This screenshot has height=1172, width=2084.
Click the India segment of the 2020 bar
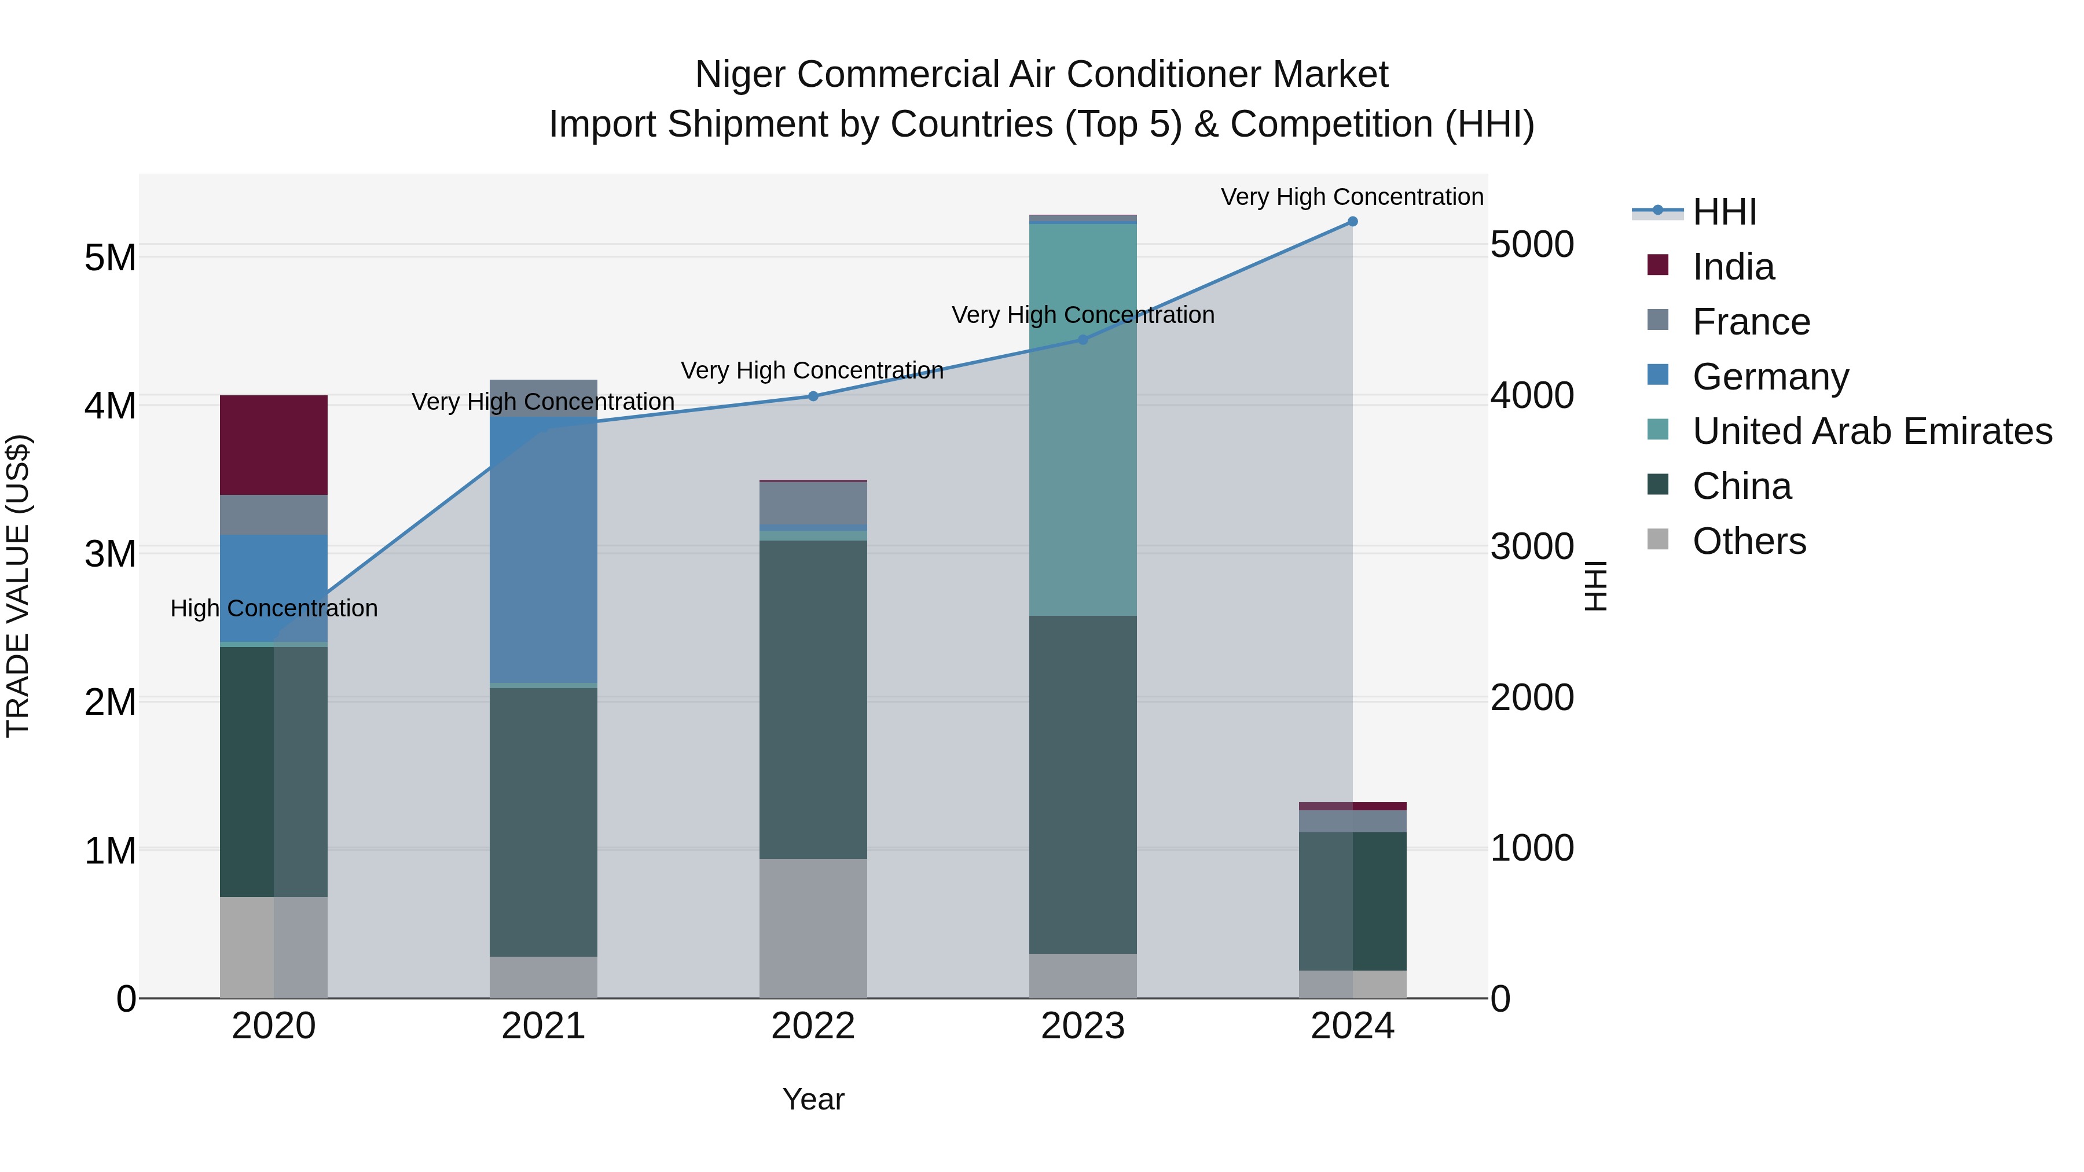(x=273, y=445)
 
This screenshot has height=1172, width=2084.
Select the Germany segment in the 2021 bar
(x=543, y=550)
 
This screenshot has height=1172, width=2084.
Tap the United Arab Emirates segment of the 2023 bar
(x=1083, y=421)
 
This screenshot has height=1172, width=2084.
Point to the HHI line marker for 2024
(x=1352, y=222)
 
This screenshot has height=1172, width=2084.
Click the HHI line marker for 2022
(x=813, y=396)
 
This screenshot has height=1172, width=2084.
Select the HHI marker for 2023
(x=1083, y=340)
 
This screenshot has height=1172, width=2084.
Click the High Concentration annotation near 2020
(x=273, y=608)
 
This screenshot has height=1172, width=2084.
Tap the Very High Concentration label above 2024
(x=1352, y=197)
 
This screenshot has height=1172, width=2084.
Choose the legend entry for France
(x=1751, y=322)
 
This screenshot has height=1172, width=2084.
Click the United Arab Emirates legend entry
(x=1872, y=431)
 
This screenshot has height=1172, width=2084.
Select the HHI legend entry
(x=1724, y=212)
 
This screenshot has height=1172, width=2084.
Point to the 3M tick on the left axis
(x=110, y=554)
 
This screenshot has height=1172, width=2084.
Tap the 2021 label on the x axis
(x=543, y=1026)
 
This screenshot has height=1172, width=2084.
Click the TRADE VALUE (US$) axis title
(x=18, y=586)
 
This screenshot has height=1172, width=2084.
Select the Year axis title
(x=813, y=1099)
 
